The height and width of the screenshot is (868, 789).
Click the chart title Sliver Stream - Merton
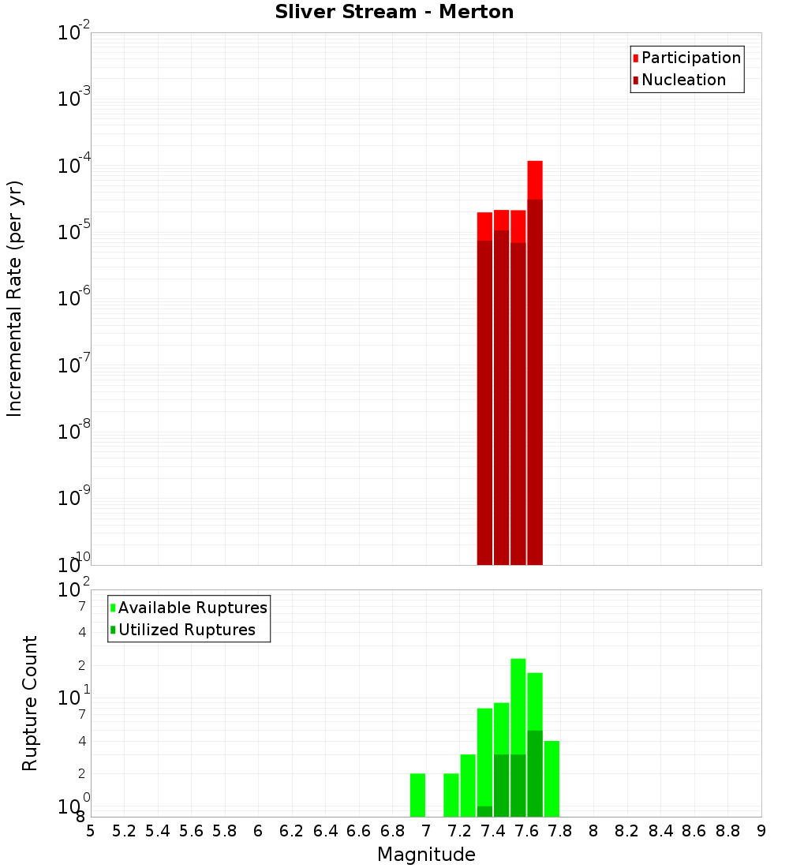click(x=394, y=13)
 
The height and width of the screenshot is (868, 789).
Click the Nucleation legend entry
click(x=683, y=80)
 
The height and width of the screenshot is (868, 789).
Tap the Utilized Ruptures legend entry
click(x=186, y=630)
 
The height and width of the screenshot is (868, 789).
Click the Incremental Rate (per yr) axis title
click(x=15, y=298)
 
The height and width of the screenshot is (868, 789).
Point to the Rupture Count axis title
click(x=30, y=703)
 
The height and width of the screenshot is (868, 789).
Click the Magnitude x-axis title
click(x=426, y=855)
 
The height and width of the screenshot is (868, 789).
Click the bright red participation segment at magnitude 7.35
click(x=484, y=226)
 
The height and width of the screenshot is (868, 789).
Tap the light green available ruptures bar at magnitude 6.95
click(x=417, y=795)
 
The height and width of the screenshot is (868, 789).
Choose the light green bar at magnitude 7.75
click(x=552, y=779)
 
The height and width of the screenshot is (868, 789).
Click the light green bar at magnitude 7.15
click(x=451, y=795)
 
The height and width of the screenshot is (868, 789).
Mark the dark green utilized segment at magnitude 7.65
click(x=535, y=773)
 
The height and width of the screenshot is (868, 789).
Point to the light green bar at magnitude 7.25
click(x=468, y=785)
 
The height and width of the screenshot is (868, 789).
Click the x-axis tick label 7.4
click(x=493, y=831)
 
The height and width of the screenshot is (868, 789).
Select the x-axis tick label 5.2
click(x=125, y=831)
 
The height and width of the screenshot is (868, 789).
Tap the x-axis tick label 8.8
click(x=727, y=831)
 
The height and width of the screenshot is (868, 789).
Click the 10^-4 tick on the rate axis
click(x=74, y=166)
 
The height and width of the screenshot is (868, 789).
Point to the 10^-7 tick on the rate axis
click(x=74, y=365)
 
